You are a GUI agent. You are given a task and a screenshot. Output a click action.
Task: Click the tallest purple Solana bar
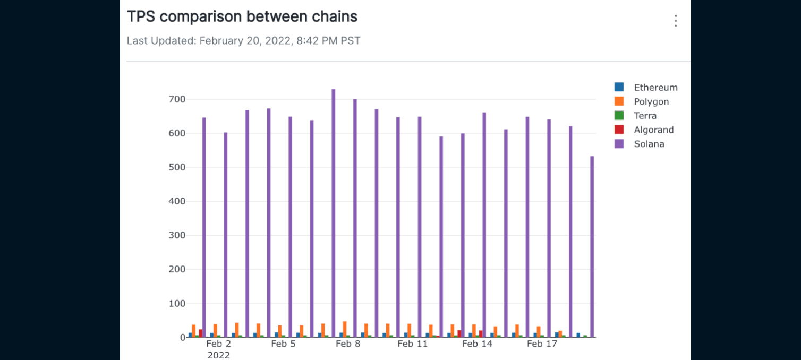tap(334, 212)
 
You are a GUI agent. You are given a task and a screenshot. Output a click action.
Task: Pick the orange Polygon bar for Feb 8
tap(345, 329)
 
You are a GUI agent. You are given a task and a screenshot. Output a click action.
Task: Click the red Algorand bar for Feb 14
tap(481, 333)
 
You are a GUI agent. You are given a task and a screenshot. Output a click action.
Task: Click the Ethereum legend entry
tap(655, 88)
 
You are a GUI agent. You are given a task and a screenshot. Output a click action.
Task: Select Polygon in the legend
tap(651, 102)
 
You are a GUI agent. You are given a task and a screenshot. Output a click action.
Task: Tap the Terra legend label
tap(645, 116)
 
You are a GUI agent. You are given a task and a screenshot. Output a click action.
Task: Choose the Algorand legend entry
tap(653, 130)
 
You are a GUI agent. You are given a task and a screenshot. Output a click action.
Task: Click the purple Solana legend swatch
tap(619, 144)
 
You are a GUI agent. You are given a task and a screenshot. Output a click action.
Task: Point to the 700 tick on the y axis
tap(177, 99)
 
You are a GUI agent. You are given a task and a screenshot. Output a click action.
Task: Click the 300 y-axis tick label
tap(177, 235)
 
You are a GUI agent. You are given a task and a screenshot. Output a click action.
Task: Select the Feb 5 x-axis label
tap(283, 344)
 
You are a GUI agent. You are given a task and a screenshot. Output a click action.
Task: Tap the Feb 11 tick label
tap(413, 344)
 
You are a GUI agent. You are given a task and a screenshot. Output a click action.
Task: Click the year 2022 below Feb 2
tap(218, 355)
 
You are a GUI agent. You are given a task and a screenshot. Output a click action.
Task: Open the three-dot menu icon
tap(676, 21)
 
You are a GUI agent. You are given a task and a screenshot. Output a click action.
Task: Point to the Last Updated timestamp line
tap(243, 41)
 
